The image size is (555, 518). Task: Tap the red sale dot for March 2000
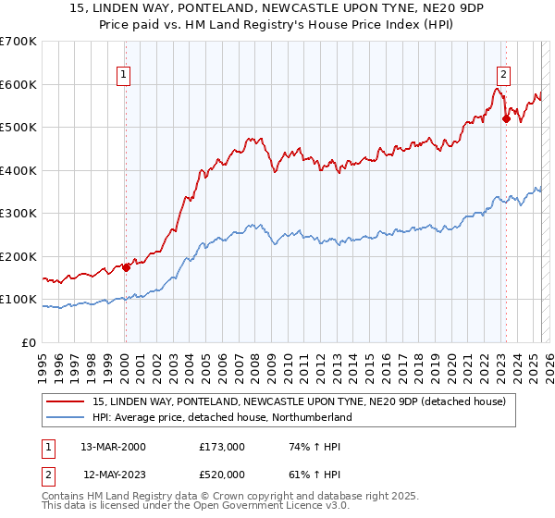(126, 268)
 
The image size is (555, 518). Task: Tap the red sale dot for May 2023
(506, 118)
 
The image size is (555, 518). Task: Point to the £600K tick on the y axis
(18, 84)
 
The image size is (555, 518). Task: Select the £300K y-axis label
(18, 214)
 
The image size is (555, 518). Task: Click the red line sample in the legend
(67, 402)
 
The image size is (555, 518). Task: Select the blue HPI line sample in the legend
(67, 418)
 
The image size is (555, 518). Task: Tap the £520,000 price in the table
(222, 473)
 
